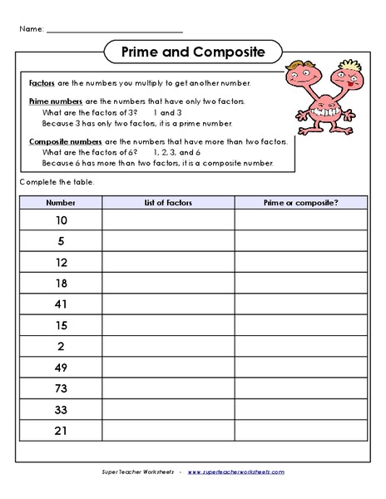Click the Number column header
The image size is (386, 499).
point(60,201)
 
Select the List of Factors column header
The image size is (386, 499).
point(168,201)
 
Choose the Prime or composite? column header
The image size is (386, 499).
point(300,201)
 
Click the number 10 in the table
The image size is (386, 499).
point(61,220)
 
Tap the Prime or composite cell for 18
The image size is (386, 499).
point(300,283)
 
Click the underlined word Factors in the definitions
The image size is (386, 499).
point(42,84)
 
